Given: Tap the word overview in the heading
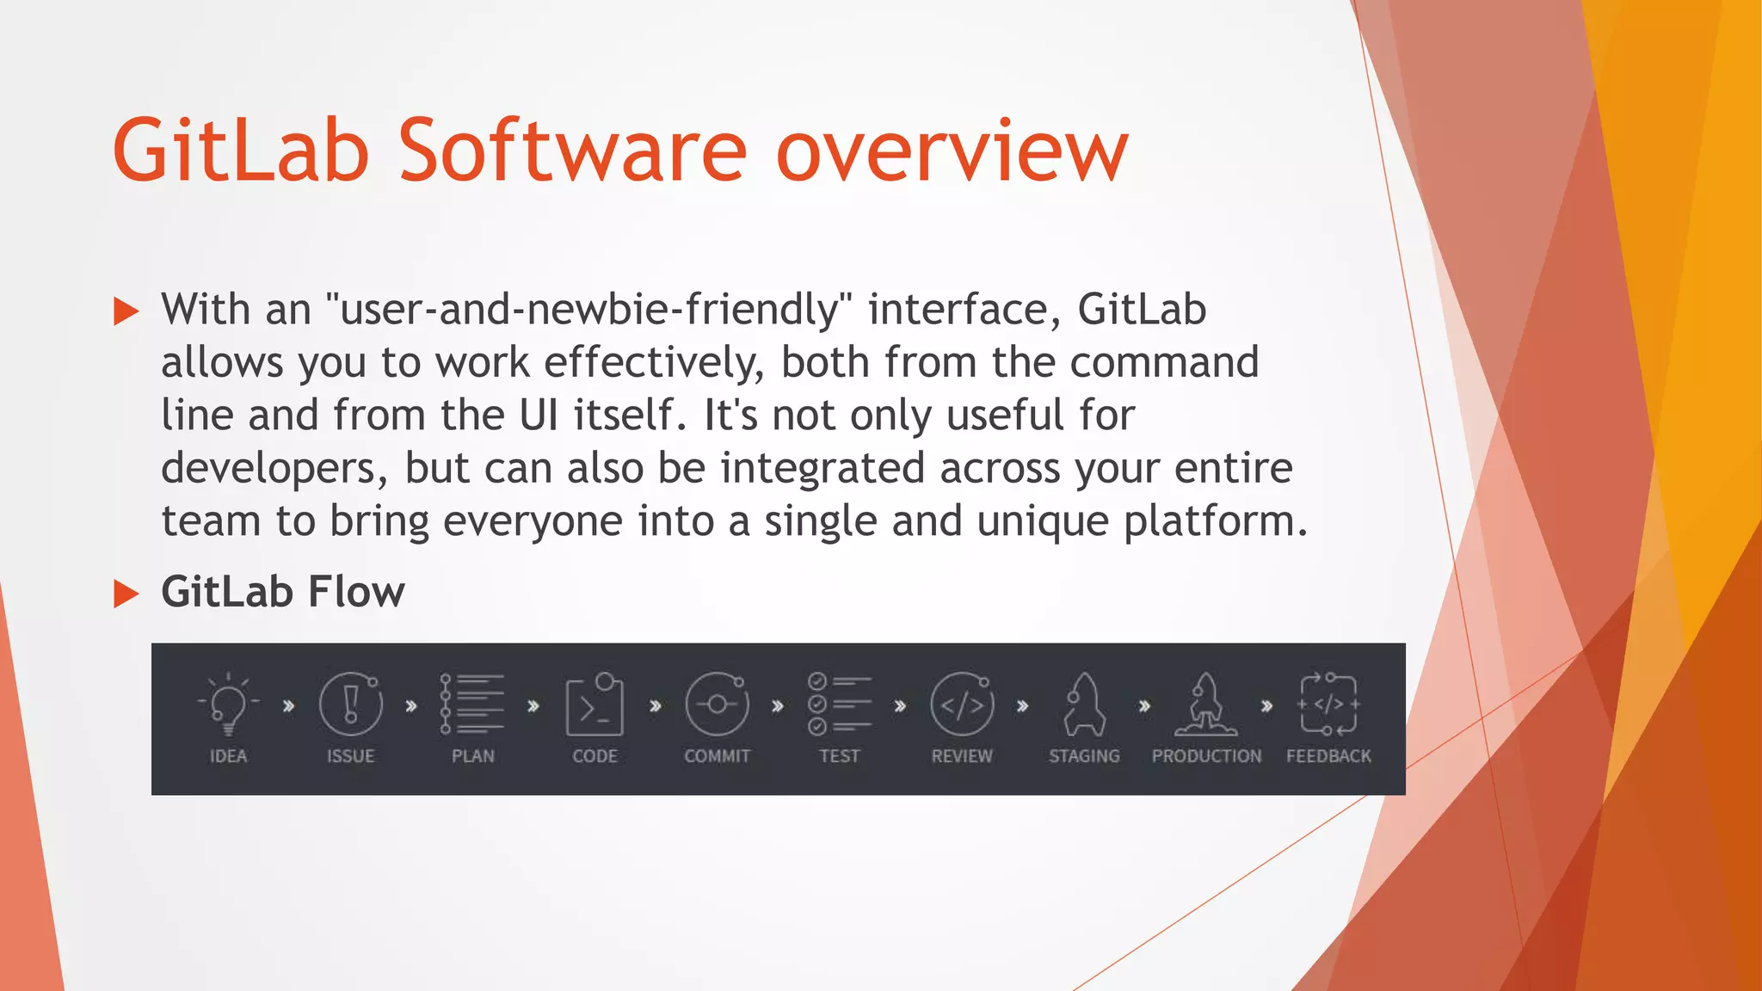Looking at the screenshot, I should tap(952, 152).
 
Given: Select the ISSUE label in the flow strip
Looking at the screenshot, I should tap(350, 756).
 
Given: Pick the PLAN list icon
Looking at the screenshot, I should tap(472, 704).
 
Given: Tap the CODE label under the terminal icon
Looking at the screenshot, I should tap(595, 756).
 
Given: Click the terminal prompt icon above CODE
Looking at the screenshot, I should tap(595, 705).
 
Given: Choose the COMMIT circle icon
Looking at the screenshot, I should tap(717, 705).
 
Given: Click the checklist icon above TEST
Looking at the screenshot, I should tap(839, 705).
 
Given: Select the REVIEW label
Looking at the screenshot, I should tap(962, 756).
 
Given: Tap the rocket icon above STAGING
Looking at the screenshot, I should tap(1084, 705).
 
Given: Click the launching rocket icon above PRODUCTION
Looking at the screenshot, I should tap(1206, 705).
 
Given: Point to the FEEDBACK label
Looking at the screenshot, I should tap(1328, 756).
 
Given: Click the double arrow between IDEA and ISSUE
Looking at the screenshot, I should tap(289, 705).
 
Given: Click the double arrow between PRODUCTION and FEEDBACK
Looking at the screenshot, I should tap(1266, 705).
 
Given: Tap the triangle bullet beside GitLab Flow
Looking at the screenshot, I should tap(126, 594).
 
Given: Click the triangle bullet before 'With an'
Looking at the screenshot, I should tap(126, 311).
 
